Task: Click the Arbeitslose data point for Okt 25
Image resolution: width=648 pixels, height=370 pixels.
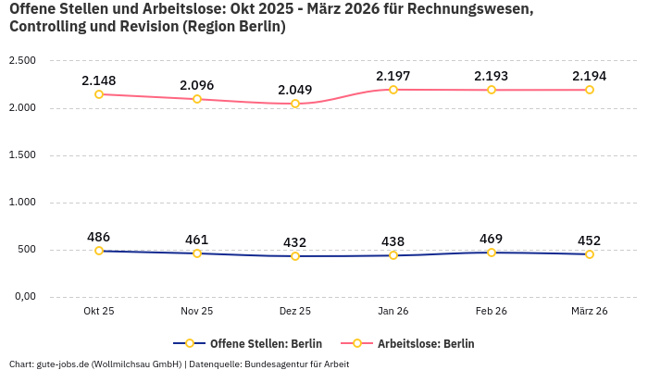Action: (99, 94)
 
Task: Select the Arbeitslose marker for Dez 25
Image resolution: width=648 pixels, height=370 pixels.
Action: (295, 104)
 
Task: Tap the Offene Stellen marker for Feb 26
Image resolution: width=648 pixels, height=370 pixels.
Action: (492, 253)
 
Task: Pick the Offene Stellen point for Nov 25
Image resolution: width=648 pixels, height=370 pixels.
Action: (197, 253)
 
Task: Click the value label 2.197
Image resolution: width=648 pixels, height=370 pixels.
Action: (393, 75)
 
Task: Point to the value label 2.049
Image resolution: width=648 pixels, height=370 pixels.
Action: (295, 90)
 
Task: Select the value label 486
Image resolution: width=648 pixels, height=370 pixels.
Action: (99, 237)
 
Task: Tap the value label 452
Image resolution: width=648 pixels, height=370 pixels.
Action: (590, 240)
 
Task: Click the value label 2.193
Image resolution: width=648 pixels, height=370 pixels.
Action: (492, 75)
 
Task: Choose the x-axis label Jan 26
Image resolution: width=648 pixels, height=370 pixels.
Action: (393, 312)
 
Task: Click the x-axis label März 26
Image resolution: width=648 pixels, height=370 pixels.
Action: (590, 312)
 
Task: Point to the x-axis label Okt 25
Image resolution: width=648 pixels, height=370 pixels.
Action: (99, 312)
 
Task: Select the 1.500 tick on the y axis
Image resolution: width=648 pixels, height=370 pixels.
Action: (22, 155)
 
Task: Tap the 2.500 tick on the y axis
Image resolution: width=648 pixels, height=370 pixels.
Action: (22, 61)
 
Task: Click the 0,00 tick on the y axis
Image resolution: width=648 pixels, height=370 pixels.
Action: (24, 297)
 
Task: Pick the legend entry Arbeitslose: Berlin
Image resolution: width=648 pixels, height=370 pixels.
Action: (425, 343)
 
